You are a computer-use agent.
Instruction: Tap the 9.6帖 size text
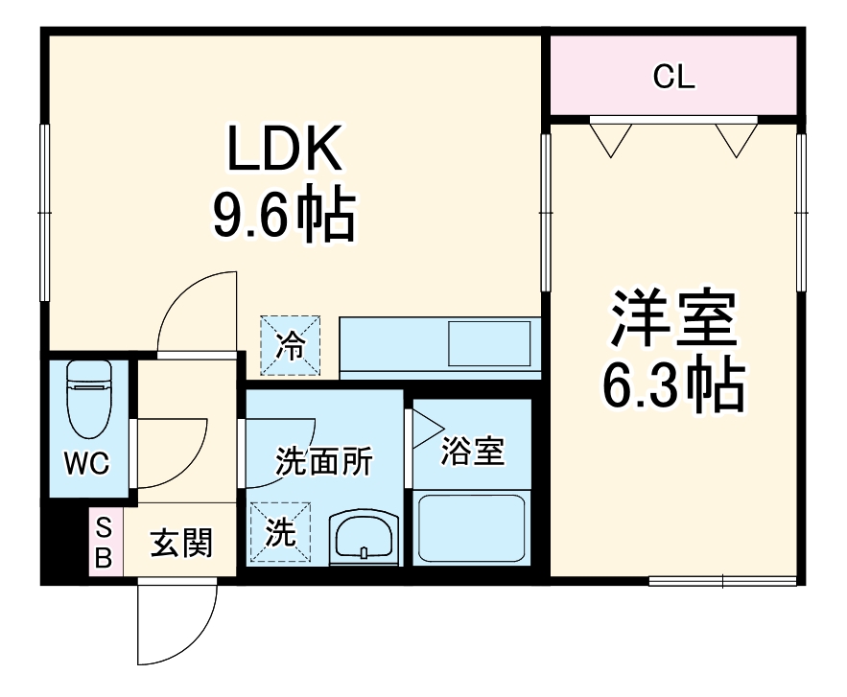(x=284, y=215)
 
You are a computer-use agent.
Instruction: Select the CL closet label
(x=673, y=78)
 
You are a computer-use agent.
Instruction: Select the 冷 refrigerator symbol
(x=290, y=346)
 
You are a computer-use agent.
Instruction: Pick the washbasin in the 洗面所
(x=364, y=538)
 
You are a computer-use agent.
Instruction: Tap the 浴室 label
(x=472, y=451)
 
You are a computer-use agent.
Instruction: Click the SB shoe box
(x=103, y=542)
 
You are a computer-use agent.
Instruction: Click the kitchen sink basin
(x=489, y=342)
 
